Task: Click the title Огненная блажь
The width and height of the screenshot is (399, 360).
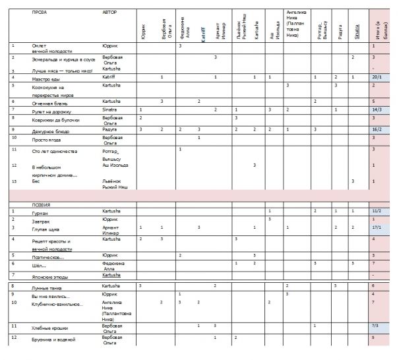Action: (47, 103)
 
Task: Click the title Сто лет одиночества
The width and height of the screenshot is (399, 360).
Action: (54, 152)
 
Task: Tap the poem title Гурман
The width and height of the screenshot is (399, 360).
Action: (40, 214)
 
